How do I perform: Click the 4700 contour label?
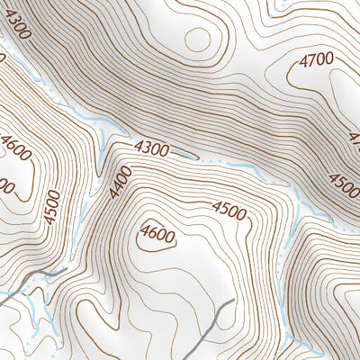pyautogui.click(x=317, y=60)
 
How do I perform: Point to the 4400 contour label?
pyautogui.click(x=121, y=183)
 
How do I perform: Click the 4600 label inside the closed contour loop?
pyautogui.click(x=157, y=236)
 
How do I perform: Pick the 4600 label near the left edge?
pyautogui.click(x=17, y=148)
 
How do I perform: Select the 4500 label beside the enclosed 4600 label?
pyautogui.click(x=229, y=210)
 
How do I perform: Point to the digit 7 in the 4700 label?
pyautogui.click(x=311, y=60)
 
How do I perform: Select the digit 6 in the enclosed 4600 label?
pyautogui.click(x=153, y=236)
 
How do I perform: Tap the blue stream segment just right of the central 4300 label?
pyautogui.click(x=184, y=155)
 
